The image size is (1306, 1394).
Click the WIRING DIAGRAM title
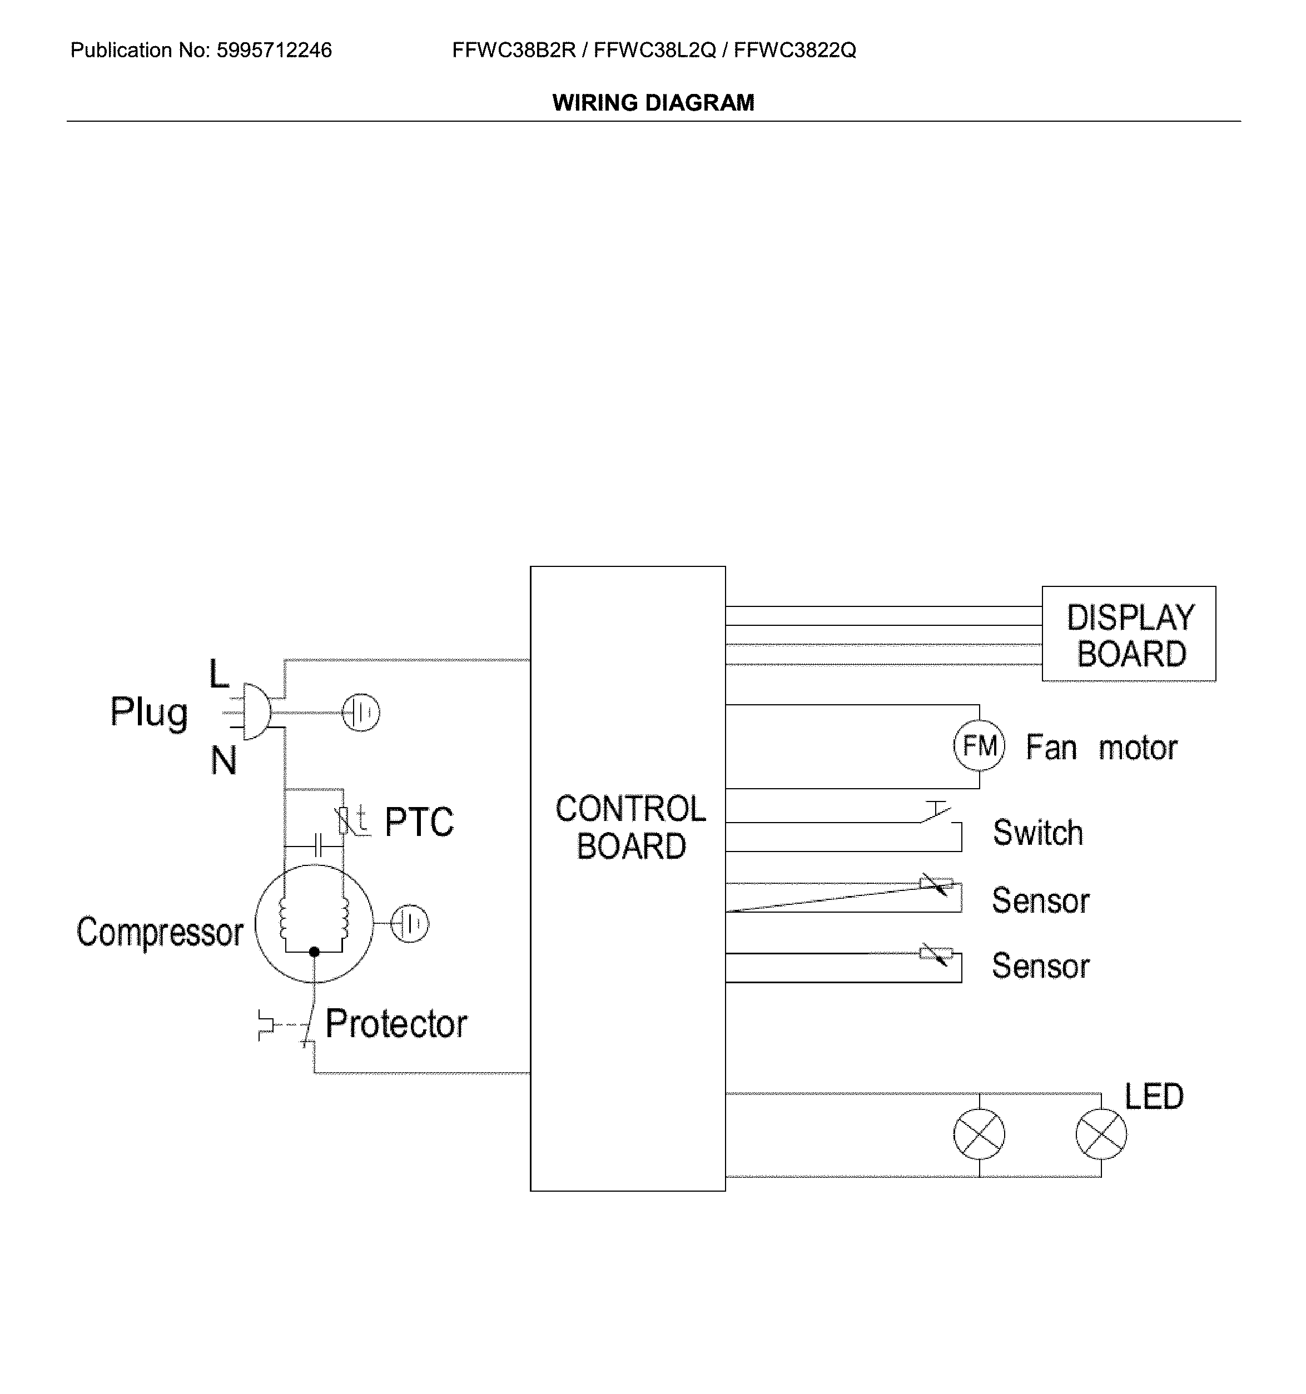(653, 103)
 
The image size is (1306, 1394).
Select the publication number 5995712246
(274, 51)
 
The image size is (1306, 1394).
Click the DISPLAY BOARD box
(1129, 634)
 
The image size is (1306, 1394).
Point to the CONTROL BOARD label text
(630, 828)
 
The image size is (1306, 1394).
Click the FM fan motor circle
(979, 746)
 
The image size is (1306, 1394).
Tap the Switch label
(1038, 833)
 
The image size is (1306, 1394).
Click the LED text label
(1154, 1097)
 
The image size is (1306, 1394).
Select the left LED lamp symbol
(979, 1134)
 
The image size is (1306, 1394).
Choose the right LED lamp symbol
(1101, 1134)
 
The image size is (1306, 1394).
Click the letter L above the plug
(219, 675)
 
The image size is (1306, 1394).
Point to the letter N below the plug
(224, 760)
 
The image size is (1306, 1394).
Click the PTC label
(419, 822)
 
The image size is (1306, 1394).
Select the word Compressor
(160, 933)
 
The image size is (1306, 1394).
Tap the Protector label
(396, 1024)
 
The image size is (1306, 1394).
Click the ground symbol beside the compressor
(410, 923)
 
